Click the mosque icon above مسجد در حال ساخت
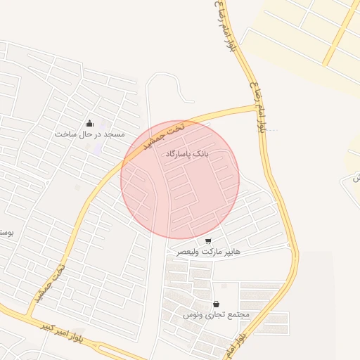click(x=89, y=124)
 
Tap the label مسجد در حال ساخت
click(x=89, y=134)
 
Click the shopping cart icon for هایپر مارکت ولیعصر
click(x=207, y=240)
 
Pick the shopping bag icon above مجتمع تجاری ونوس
click(x=215, y=304)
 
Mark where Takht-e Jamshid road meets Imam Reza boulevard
click(x=257, y=108)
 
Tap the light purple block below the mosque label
click(x=95, y=148)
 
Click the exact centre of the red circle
click(x=180, y=179)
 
